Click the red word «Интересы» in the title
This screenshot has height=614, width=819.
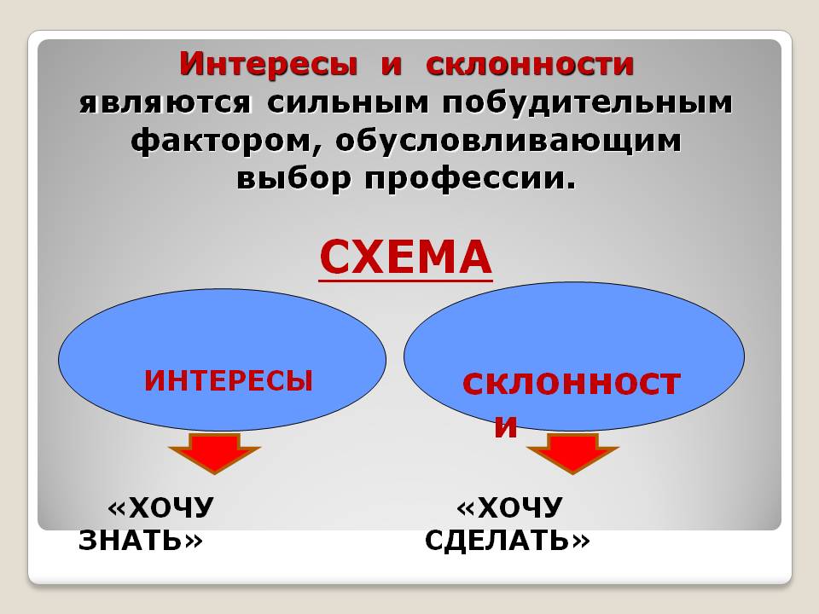click(269, 64)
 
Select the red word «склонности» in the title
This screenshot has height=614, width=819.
click(530, 64)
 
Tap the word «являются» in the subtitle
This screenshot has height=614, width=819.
click(165, 103)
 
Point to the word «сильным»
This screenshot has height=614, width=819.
click(347, 103)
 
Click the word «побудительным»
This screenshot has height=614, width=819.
click(587, 103)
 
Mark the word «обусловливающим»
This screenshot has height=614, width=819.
click(508, 141)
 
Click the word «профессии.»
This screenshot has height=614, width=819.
click(470, 178)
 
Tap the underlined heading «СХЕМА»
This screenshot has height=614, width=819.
click(406, 258)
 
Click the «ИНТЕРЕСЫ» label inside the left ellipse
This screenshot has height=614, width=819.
click(229, 379)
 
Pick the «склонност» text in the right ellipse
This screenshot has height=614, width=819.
click(572, 384)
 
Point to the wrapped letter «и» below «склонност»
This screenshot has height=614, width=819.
click(506, 426)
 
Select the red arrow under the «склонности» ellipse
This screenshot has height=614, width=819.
click(572, 453)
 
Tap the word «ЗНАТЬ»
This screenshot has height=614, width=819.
click(130, 540)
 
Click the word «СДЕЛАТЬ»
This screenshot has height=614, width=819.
click(497, 540)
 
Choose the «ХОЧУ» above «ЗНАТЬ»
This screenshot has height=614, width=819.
click(171, 508)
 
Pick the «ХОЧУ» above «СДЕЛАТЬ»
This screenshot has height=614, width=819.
click(520, 508)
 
